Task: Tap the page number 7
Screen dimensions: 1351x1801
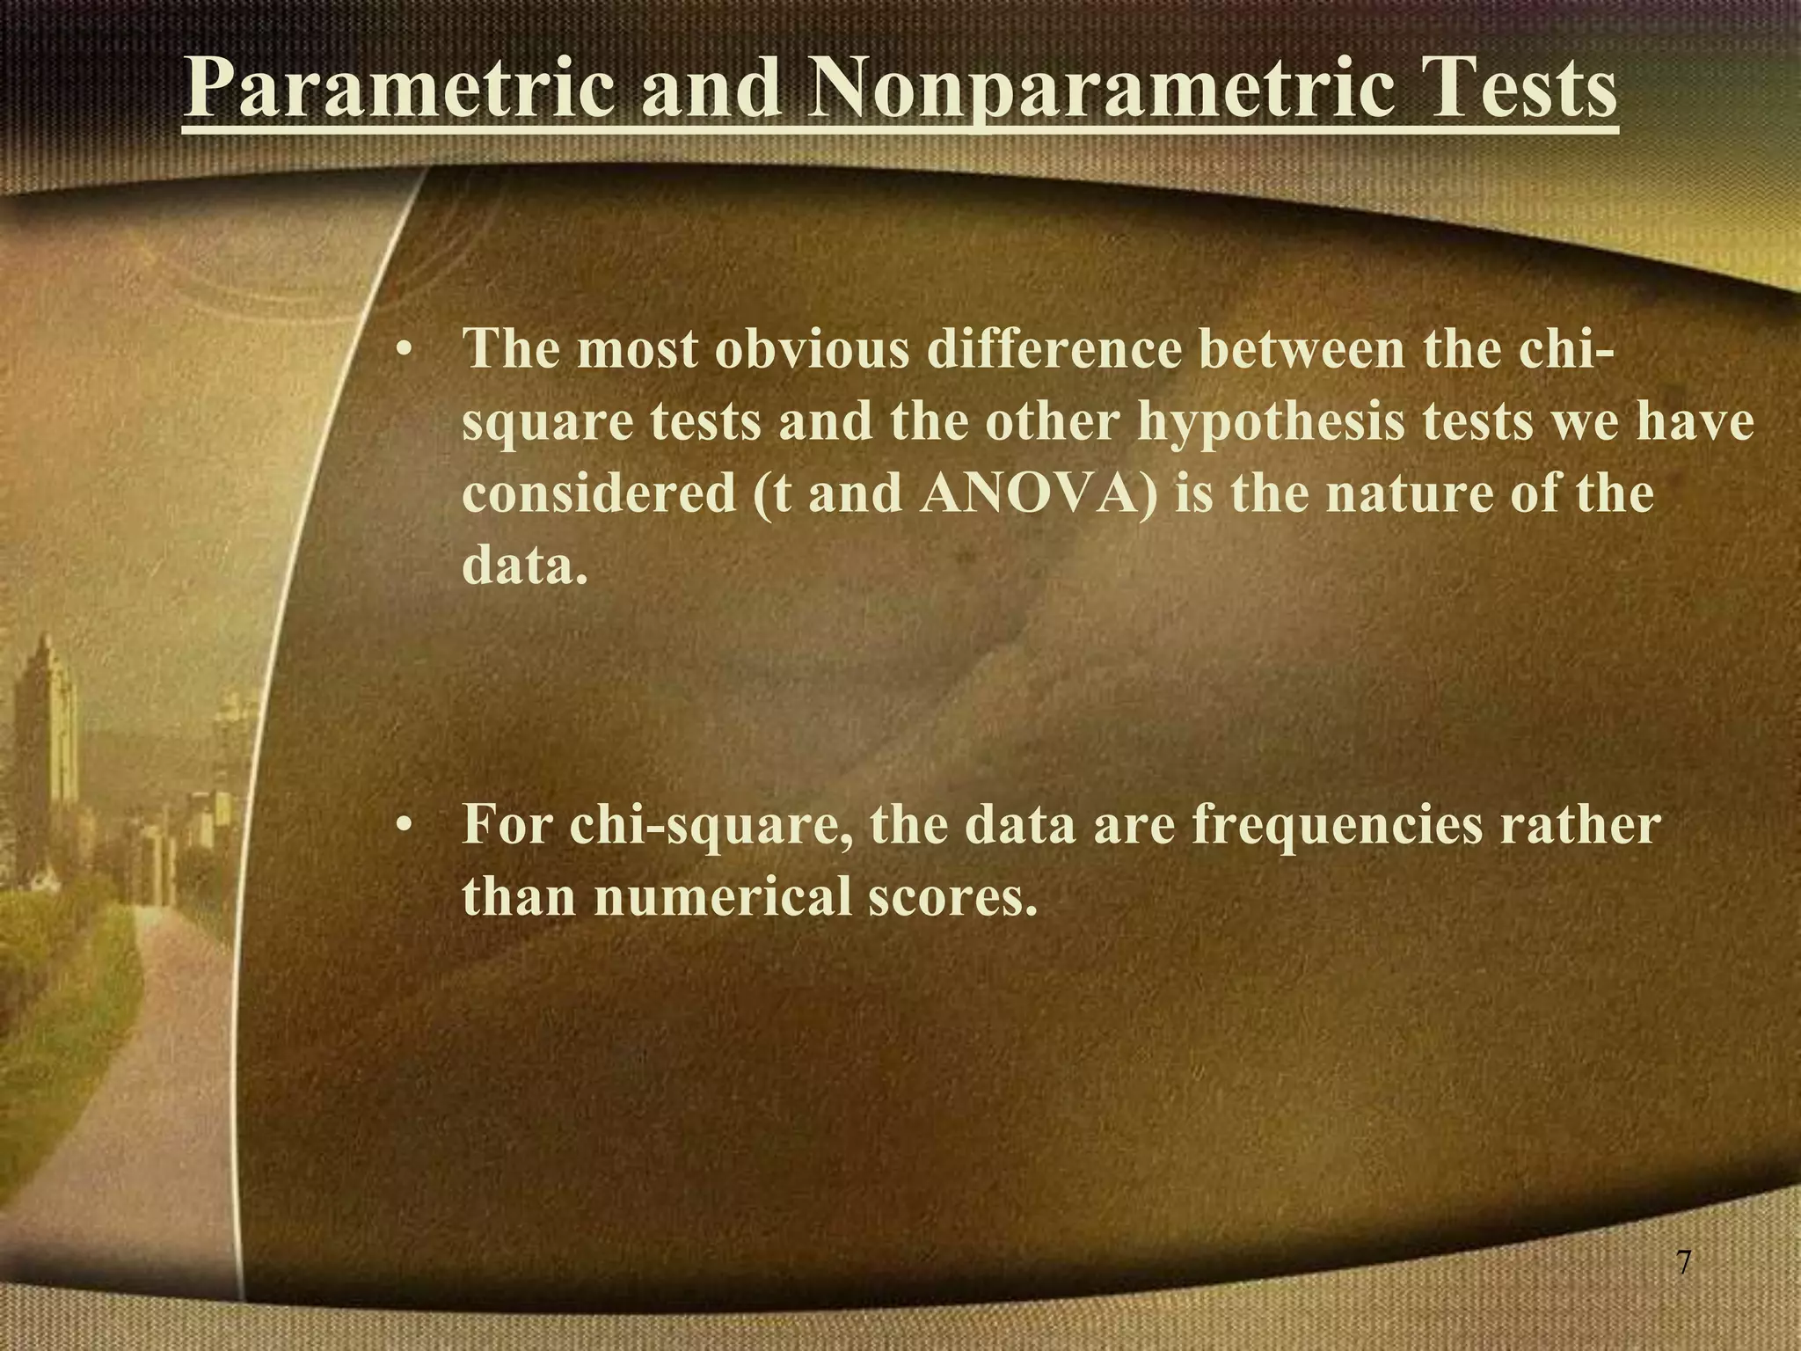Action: pos(1683,1262)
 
